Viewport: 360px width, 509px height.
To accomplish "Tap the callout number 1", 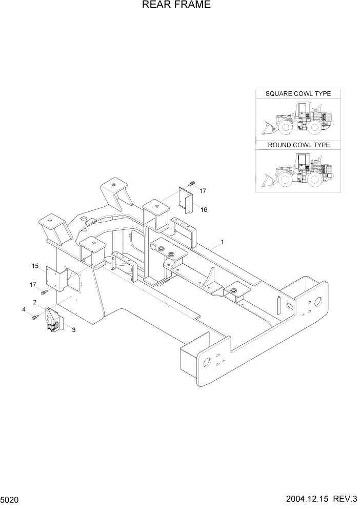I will pos(222,241).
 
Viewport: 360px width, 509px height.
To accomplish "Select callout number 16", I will pos(204,210).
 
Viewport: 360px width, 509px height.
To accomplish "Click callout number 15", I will pos(35,266).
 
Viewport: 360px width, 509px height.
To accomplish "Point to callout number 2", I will pos(34,302).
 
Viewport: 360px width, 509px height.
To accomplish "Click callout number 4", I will pos(24,309).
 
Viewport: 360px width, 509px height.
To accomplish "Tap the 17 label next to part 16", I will pos(203,191).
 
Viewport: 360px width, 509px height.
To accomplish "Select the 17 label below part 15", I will pos(33,285).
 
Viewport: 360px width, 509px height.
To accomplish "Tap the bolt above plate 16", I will pos(191,183).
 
